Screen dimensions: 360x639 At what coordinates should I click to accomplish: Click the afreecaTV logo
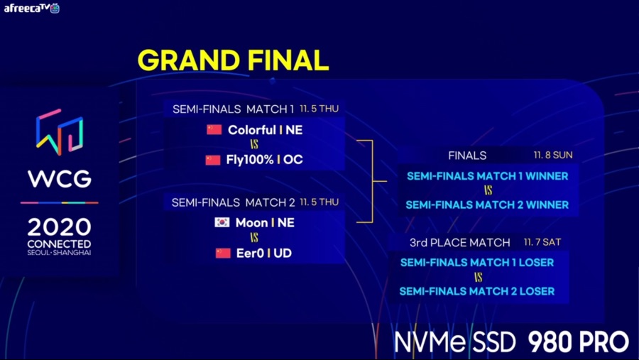[x=32, y=8]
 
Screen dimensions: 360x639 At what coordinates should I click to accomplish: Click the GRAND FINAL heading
[x=233, y=60]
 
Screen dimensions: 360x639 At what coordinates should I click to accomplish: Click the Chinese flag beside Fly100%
[x=213, y=160]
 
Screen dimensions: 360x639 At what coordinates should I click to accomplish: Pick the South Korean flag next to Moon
[x=222, y=222]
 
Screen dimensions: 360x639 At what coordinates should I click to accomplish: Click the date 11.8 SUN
[x=553, y=155]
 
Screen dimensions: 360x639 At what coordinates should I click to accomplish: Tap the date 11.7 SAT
[x=542, y=242]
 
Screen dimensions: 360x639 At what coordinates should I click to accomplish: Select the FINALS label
[x=467, y=155]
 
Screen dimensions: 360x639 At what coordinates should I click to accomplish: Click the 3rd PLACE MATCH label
[x=459, y=243]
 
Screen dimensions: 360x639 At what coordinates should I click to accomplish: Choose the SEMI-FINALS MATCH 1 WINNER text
[x=487, y=176]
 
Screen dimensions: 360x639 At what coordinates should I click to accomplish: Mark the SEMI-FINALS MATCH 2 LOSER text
[x=476, y=291]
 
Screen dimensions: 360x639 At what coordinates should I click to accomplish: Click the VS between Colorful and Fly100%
[x=254, y=146]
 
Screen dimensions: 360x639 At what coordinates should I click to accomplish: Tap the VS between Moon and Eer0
[x=254, y=238]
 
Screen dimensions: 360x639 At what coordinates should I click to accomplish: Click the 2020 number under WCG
[x=60, y=227]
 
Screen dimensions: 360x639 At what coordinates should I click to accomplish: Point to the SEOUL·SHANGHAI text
[x=60, y=253]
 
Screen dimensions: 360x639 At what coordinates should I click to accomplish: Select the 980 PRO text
[x=578, y=342]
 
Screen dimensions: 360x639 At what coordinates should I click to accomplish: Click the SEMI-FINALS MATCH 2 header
[x=232, y=202]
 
